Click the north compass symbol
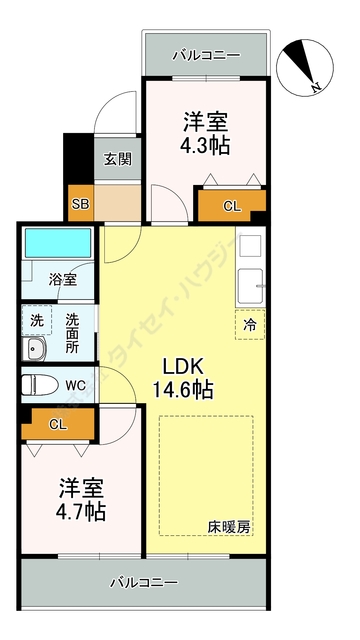click(304, 65)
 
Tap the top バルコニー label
click(204, 54)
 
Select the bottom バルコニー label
click(143, 581)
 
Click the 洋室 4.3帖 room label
click(205, 133)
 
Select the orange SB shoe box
click(79, 205)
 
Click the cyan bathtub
click(57, 243)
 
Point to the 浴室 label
click(62, 280)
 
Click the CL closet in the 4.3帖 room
click(231, 207)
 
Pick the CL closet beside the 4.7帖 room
click(57, 424)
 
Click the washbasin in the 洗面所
click(36, 350)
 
